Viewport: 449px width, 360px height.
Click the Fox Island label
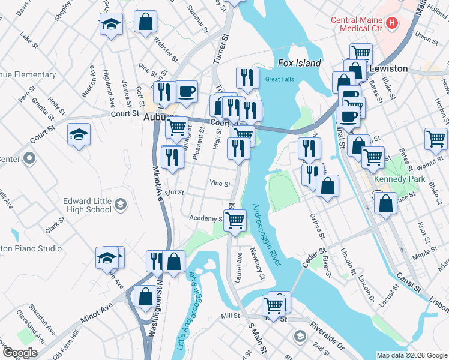(x=300, y=63)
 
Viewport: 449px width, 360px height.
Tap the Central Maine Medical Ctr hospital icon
(x=392, y=23)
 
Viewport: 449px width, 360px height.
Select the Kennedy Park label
(x=399, y=179)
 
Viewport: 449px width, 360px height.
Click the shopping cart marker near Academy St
(x=235, y=220)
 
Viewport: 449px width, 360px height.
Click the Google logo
(x=20, y=353)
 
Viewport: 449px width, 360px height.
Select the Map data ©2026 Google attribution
(x=411, y=355)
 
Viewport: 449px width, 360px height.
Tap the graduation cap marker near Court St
(x=79, y=134)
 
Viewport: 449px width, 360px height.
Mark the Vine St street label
(x=220, y=183)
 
